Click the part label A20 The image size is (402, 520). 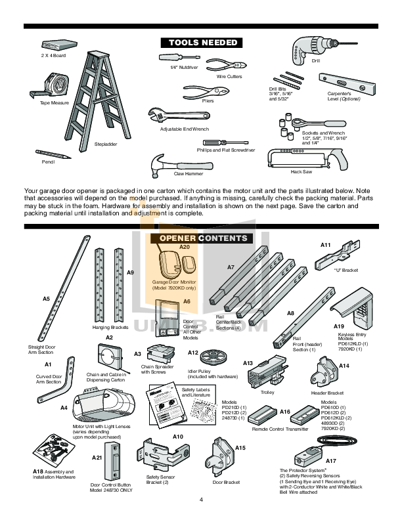click(185, 247)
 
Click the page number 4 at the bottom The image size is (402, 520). click(201, 500)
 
